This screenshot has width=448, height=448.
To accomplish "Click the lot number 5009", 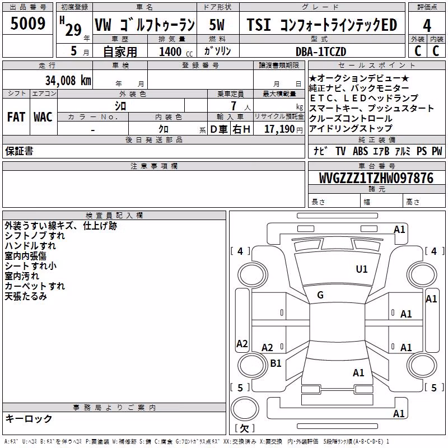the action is pos(27,23).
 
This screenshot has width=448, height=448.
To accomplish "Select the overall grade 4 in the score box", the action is pos(427,26).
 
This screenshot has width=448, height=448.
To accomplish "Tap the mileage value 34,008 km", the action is pos(68,80).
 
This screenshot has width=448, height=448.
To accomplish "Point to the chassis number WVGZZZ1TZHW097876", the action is pos(376,178).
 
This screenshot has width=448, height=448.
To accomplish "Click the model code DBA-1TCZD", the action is pos(321,52).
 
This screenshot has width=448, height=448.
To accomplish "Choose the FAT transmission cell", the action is pos(16,117).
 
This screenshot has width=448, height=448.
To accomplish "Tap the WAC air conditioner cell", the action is pos(43,117).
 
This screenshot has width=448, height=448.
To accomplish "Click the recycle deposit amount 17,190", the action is pos(279,129).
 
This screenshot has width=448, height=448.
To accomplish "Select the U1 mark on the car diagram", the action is pos(361,269).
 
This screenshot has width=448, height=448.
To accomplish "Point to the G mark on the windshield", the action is pos(320,295).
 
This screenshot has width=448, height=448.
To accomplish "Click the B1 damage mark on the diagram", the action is pos(276,363).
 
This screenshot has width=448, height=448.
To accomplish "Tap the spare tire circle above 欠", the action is pos(245,409).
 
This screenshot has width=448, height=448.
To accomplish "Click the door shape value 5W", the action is pos(217,25).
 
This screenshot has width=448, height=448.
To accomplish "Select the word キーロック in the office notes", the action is pos(29,419).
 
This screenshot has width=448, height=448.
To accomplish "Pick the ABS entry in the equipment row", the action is pos(360,151).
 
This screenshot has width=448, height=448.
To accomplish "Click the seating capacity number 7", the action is pos(234,106).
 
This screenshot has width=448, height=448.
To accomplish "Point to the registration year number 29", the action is pos(73,30).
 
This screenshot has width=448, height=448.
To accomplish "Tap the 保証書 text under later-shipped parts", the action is pos(19,151).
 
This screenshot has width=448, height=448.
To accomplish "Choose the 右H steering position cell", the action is pos(241,129).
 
